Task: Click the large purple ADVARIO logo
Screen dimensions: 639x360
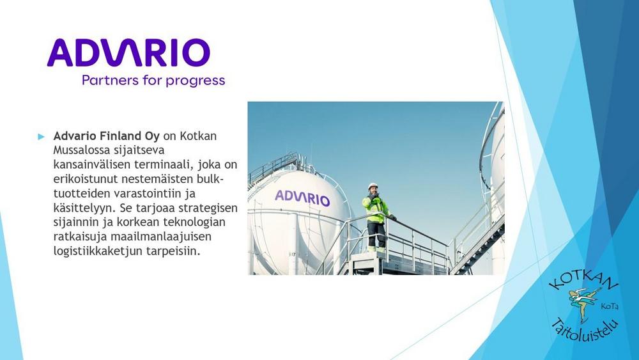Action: pyautogui.click(x=128, y=52)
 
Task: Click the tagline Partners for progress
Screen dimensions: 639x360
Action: pyautogui.click(x=153, y=81)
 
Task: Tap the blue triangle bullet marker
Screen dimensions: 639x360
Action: pyautogui.click(x=41, y=137)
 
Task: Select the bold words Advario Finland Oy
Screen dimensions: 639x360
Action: pyautogui.click(x=106, y=136)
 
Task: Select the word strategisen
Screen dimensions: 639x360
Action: pyautogui.click(x=208, y=208)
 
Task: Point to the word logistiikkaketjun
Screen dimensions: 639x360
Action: pyautogui.click(x=98, y=251)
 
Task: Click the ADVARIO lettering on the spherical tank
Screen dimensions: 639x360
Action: pyautogui.click(x=302, y=198)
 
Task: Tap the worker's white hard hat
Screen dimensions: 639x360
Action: pyautogui.click(x=373, y=186)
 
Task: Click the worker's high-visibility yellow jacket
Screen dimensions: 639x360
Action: pyautogui.click(x=376, y=208)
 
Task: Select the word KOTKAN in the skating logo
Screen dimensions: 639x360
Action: pyautogui.click(x=583, y=281)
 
